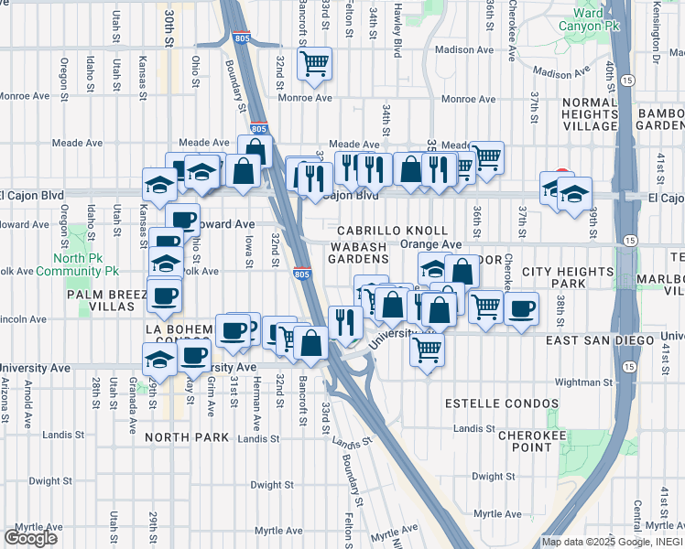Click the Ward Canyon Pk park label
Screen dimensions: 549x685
coord(589,21)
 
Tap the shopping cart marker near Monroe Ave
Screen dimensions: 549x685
coord(314,63)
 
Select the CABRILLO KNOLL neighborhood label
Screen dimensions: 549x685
coord(391,231)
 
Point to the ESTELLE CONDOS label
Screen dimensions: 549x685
coord(501,404)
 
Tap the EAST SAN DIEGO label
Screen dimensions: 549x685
coord(603,340)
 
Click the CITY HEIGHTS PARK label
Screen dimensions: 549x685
coord(567,279)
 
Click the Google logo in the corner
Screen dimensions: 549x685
coord(30,537)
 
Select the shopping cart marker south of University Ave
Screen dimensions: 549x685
coord(428,349)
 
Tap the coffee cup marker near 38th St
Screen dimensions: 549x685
coord(521,308)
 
